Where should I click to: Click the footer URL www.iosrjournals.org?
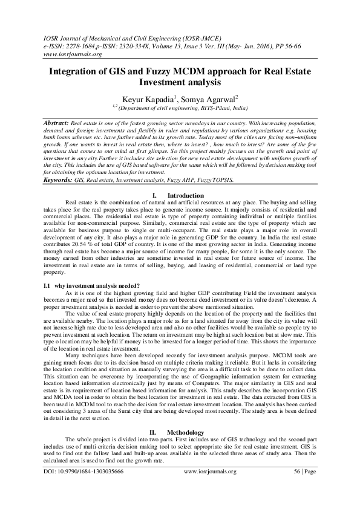[x=209, y=487]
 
